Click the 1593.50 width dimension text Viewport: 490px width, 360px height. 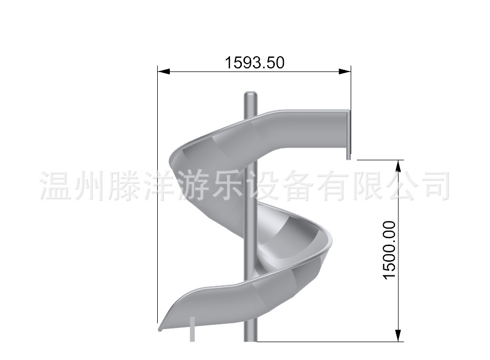[x=254, y=63]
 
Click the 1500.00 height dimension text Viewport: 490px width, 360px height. [x=390, y=250]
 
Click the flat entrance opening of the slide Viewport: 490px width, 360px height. [x=348, y=133]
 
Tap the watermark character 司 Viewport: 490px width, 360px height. [x=436, y=185]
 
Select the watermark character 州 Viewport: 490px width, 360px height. [x=87, y=185]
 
